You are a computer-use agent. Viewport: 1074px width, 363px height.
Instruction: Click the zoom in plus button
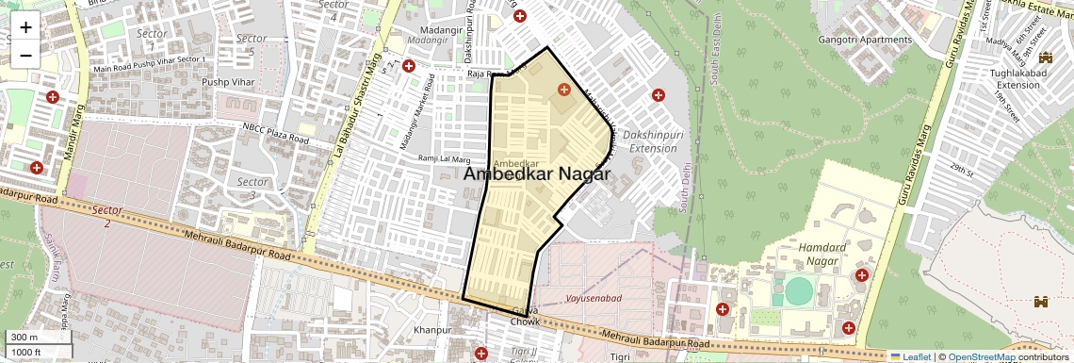coord(25,26)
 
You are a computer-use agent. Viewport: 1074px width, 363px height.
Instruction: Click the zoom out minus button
coord(25,54)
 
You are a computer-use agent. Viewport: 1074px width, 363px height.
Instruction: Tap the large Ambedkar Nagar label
coord(537,174)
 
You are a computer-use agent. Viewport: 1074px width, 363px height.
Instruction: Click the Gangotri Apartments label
coord(865,40)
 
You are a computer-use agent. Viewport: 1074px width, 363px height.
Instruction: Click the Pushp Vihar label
coord(228,82)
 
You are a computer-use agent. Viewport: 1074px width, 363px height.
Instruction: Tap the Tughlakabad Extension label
coord(1014,79)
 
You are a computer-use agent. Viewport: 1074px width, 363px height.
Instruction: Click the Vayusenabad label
coord(594,298)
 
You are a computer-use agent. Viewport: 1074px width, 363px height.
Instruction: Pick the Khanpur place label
coord(432,330)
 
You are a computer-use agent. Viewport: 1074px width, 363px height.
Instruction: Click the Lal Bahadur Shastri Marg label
coord(357,104)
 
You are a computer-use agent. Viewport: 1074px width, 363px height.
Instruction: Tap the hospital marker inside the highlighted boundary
coord(563,90)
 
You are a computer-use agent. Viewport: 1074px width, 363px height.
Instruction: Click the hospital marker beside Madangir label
coord(409,66)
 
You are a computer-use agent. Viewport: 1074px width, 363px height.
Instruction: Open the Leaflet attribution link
coord(910,357)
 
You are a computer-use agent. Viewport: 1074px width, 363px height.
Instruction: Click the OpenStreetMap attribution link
coord(981,357)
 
